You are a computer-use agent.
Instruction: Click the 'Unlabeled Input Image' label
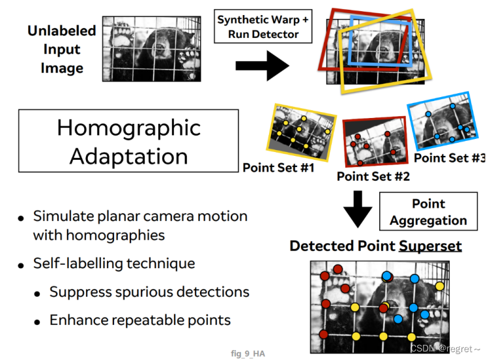[62, 49]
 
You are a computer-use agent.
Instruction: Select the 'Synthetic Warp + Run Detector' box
[263, 27]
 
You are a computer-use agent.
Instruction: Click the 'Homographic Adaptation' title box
[128, 141]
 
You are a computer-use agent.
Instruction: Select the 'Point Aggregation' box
[428, 212]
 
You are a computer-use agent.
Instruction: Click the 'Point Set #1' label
[278, 168]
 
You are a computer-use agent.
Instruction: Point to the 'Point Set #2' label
[373, 176]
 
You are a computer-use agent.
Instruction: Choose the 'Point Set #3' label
[450, 158]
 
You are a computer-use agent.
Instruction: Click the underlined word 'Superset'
[430, 246]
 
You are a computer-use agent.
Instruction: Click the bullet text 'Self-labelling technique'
[114, 263]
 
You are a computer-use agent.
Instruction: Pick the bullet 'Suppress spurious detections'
[149, 292]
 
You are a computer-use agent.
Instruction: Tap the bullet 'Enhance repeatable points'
[140, 320]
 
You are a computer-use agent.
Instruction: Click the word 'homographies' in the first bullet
[99, 235]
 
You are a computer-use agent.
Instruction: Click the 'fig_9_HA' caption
[248, 353]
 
